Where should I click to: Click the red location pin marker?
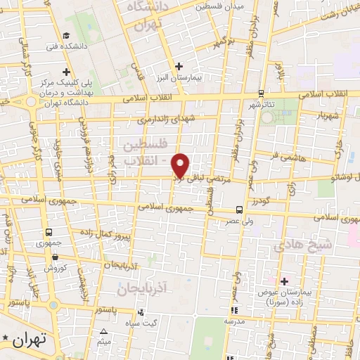181,165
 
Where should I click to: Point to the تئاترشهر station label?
262,105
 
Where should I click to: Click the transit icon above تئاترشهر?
261,93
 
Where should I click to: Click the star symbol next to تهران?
6,340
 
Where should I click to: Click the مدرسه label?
233,321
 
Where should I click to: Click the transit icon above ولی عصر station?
239,210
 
